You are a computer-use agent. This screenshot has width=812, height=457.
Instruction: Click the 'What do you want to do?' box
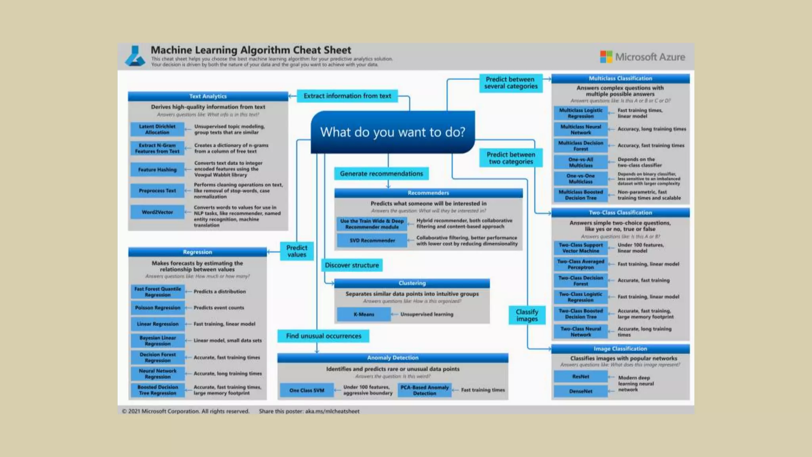coord(393,132)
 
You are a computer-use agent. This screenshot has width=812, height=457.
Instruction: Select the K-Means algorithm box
coord(364,314)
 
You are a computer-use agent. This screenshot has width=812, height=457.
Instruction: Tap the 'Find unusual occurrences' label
coord(323,336)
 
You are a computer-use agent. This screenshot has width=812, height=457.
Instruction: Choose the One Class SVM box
coord(306,390)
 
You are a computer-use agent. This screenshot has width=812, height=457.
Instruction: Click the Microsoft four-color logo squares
coord(606,57)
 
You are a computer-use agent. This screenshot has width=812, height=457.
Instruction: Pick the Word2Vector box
coord(157,212)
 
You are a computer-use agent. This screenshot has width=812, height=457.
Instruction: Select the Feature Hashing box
coord(157,170)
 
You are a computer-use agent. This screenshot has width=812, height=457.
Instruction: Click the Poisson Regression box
coord(157,308)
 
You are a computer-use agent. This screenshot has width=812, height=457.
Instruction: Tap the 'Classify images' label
coord(527,315)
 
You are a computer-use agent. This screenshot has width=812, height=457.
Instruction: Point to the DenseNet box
coord(580,391)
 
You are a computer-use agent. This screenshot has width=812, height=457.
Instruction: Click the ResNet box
coord(580,376)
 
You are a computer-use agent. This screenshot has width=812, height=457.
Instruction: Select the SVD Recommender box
coord(372,240)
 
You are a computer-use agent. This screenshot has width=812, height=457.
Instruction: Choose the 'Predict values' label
coord(297,251)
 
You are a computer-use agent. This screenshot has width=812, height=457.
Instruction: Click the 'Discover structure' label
coord(352,265)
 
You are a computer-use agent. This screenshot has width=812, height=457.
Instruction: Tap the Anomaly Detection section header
coord(393,358)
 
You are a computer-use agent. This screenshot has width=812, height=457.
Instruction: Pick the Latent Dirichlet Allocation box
coord(157,129)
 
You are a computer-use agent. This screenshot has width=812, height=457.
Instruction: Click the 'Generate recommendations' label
coord(381,174)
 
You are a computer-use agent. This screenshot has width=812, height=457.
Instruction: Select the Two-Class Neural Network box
coord(580,332)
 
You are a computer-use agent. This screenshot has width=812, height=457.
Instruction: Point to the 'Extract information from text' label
coord(347,96)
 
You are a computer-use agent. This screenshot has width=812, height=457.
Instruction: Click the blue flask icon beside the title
coord(135,56)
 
